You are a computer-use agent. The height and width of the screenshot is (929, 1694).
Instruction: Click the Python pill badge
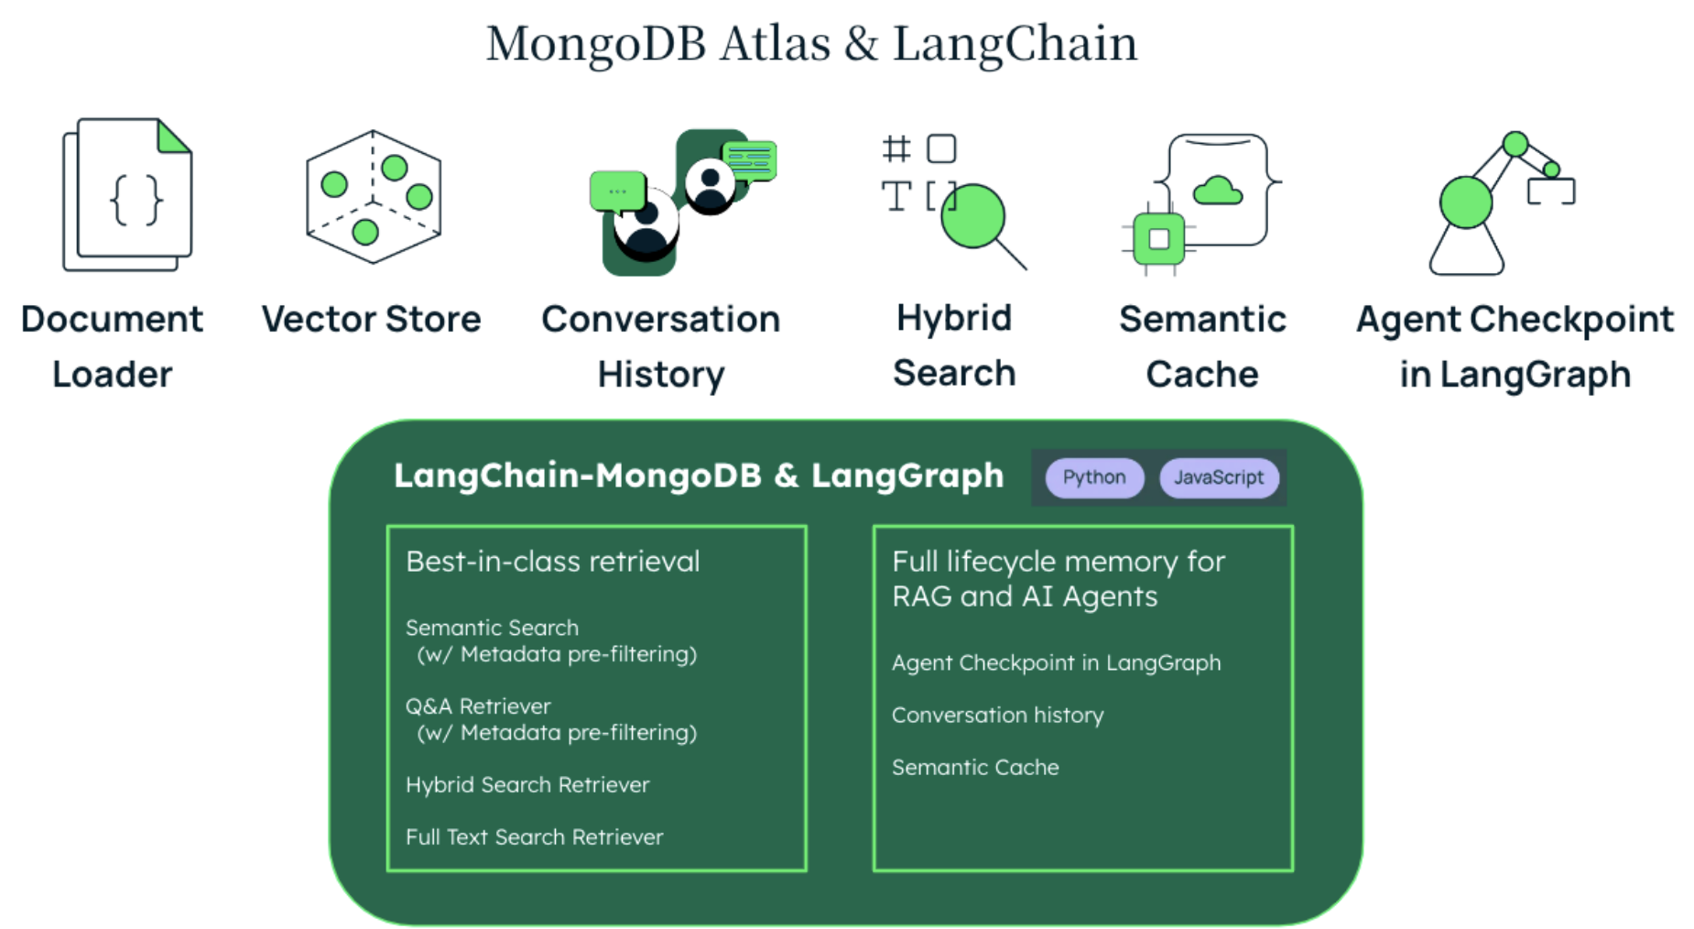1094,477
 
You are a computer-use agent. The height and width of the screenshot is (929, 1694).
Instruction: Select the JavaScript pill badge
1219,477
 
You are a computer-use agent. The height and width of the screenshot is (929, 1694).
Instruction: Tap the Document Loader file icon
127,194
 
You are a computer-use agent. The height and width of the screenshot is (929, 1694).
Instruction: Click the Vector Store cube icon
374,196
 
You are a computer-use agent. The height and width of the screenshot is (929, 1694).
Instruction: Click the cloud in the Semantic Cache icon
1218,191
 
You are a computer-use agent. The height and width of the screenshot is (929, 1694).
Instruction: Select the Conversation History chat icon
682,202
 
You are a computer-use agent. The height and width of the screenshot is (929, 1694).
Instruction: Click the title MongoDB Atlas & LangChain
811,43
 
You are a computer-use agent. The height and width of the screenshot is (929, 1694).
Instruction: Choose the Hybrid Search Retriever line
527,784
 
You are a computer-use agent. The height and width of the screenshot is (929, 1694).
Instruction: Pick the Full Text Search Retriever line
534,836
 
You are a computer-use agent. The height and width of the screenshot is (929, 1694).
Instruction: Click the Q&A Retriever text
478,706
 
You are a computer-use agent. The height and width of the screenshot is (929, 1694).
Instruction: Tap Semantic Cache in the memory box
975,767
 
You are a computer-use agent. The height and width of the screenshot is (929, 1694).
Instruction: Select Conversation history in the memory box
997,715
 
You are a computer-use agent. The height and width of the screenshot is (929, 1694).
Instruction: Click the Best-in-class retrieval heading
552,561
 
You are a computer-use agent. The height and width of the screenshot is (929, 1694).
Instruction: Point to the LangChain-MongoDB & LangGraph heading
699,475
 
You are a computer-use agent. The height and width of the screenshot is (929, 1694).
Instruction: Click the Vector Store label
371,319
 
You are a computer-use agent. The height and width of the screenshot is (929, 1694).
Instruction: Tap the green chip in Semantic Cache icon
1158,239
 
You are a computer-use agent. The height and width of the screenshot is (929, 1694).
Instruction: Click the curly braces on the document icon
136,200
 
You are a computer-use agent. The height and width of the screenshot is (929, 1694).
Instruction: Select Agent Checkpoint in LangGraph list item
1056,662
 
